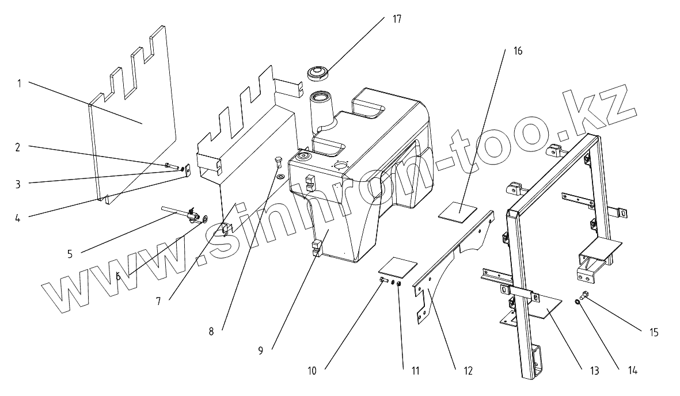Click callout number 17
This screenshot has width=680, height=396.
coord(397,19)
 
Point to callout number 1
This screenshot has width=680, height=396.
coord(18,83)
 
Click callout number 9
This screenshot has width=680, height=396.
coord(260,350)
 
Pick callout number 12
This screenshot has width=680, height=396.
coord(467,371)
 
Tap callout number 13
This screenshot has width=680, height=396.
coord(594,371)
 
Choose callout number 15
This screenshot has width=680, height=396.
coord(654,332)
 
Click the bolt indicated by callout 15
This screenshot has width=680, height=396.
coord(584,296)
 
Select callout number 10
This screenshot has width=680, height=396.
coord(312,371)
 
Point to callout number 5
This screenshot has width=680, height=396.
coord(70,254)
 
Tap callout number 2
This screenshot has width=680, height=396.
coord(18,147)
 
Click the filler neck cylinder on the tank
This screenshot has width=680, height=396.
coord(321,109)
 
